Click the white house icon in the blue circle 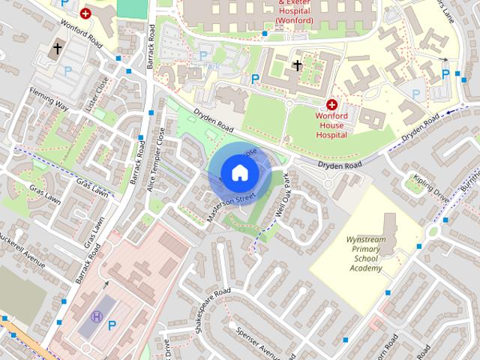(238, 172)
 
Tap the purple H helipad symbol (96, 316)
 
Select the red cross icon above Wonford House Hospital (331, 105)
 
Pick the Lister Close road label (97, 95)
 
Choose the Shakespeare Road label (211, 311)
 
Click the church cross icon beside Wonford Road (57, 49)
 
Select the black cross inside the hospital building (297, 65)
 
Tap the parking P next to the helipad (112, 325)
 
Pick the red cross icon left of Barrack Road (86, 13)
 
